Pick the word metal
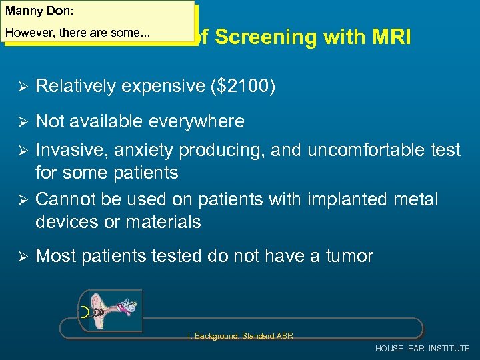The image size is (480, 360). pos(417,199)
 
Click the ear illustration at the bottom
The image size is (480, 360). pos(110,311)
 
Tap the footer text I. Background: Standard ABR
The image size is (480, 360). pos(240,335)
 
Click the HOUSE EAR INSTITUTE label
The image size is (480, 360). pos(422,349)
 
